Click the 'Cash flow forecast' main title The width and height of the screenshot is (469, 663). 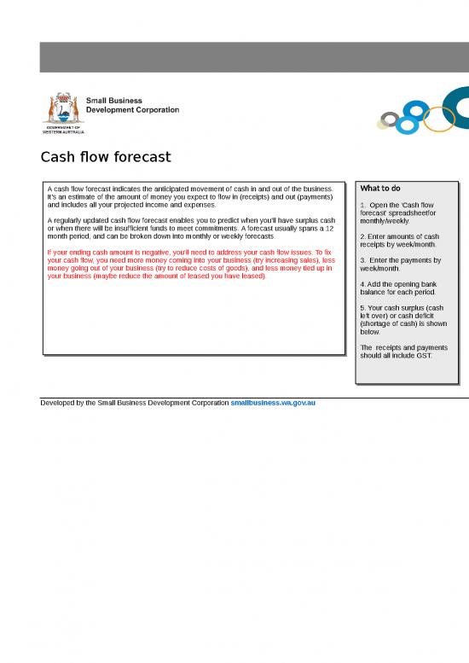pos(106,157)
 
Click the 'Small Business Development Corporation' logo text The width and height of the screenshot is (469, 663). pos(132,105)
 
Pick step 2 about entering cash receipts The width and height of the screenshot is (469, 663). pos(399,240)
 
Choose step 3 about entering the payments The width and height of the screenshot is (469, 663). pos(399,264)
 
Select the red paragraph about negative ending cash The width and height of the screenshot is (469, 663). pos(190,265)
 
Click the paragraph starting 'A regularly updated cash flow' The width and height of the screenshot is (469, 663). pos(190,228)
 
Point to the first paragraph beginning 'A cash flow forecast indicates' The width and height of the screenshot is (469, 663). pos(189,196)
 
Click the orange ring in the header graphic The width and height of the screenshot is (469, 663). pos(438,119)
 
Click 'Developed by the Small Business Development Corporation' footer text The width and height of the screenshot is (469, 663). pos(135,401)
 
